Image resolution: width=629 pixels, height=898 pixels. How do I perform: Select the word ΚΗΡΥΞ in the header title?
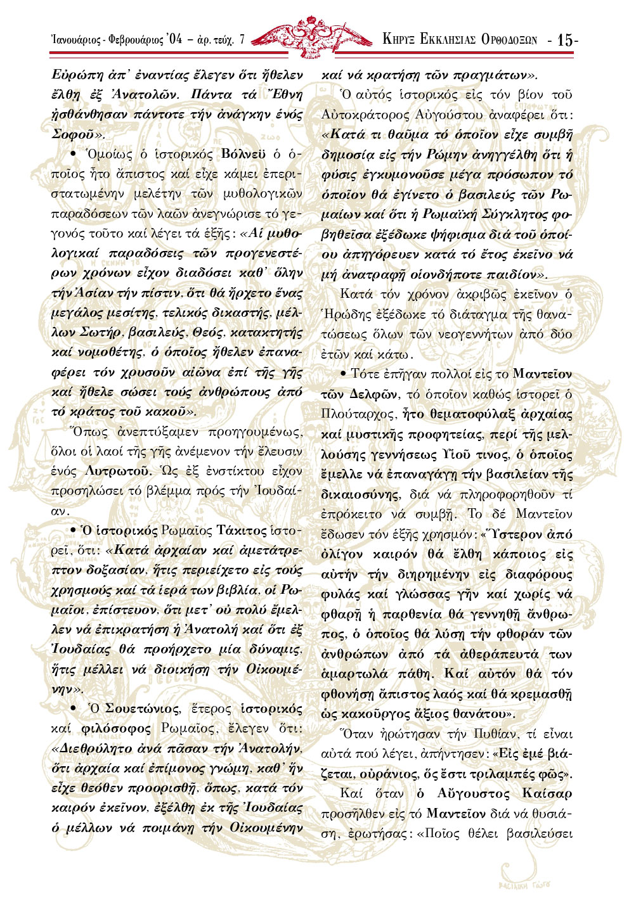pyautogui.click(x=398, y=39)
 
